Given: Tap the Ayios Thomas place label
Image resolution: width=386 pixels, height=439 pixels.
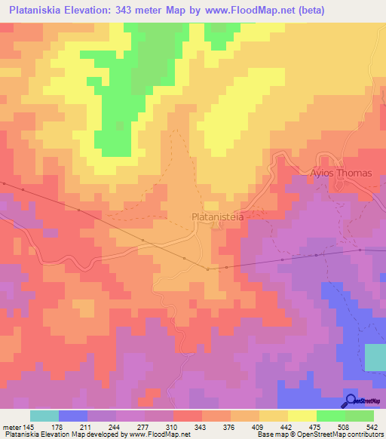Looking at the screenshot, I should [342, 173].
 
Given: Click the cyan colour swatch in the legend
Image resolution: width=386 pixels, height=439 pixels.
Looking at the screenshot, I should [44, 416].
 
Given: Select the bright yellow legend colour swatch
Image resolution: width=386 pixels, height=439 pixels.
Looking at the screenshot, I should [302, 416].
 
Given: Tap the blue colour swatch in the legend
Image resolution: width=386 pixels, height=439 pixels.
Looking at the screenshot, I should [73, 416].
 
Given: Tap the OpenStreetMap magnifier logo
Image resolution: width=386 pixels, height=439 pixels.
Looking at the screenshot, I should [351, 401].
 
